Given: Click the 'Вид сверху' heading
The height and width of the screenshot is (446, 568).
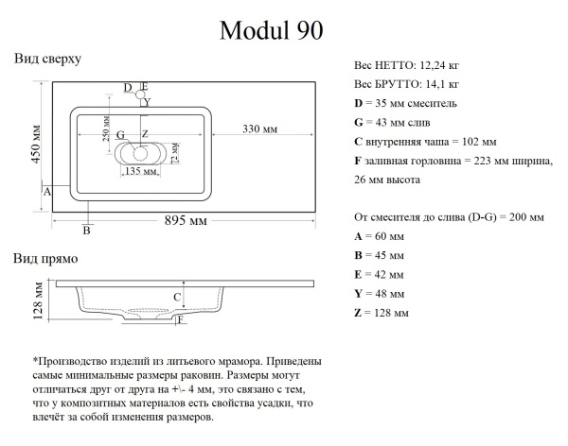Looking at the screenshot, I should coord(47,59).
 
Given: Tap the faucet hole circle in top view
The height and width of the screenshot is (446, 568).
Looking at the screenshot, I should coord(141,94).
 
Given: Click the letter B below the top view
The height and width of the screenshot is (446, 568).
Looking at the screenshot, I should coord(86,230).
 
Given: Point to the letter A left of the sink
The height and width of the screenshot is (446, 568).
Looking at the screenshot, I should coord(46,191).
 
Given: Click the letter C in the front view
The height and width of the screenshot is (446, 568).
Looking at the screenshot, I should coord(176,298).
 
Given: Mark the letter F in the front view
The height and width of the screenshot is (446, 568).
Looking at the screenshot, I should coord(180,320).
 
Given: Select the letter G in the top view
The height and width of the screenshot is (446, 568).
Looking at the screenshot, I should coord(120,134).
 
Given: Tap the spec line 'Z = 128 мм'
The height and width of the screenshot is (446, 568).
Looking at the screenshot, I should coord(381,313).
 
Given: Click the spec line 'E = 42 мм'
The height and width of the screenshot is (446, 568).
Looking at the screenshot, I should coord(378,275).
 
